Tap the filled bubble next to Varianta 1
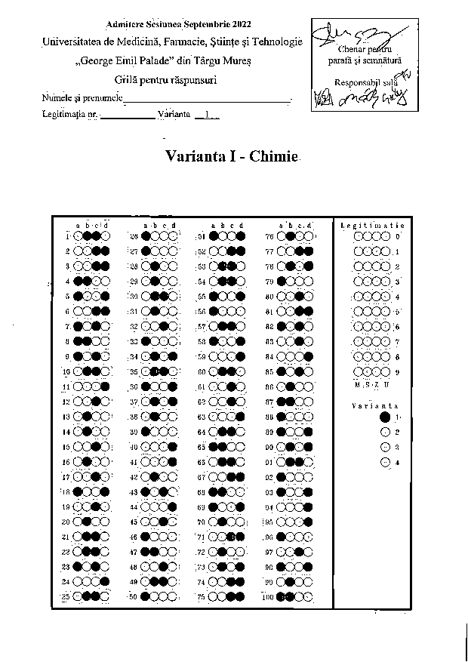tap(386, 417)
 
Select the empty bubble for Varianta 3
tap(386, 447)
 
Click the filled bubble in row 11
tap(105, 386)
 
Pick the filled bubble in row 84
tap(309, 356)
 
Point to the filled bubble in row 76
tap(290, 236)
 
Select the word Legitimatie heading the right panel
tap(372, 225)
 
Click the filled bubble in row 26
tap(145, 236)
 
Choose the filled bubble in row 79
tap(281, 281)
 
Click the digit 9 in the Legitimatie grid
tap(398, 371)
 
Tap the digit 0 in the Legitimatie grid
tap(398, 236)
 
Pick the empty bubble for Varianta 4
tap(386, 462)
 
